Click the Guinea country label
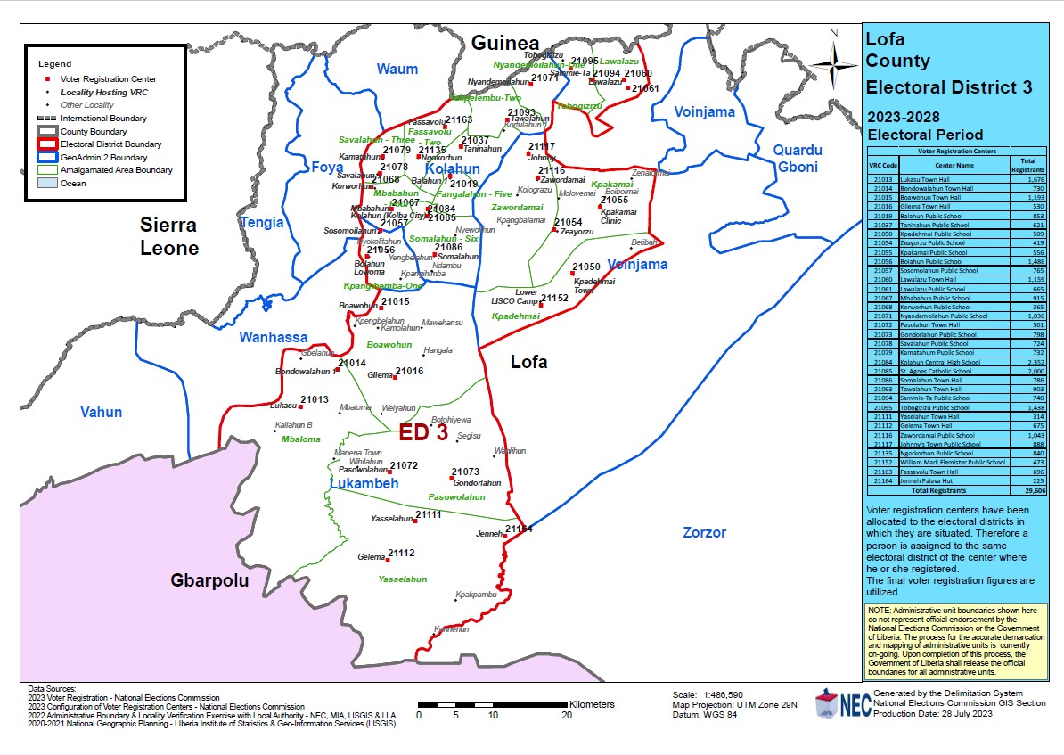click(505, 44)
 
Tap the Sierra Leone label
click(168, 236)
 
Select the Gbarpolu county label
click(209, 581)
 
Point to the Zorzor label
click(704, 533)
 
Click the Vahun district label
click(101, 412)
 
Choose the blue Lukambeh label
click(364, 484)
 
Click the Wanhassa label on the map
click(273, 338)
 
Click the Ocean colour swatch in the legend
click(46, 183)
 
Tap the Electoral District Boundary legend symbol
click(46, 144)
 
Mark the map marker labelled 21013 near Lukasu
click(298, 406)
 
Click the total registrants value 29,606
click(1035, 490)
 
